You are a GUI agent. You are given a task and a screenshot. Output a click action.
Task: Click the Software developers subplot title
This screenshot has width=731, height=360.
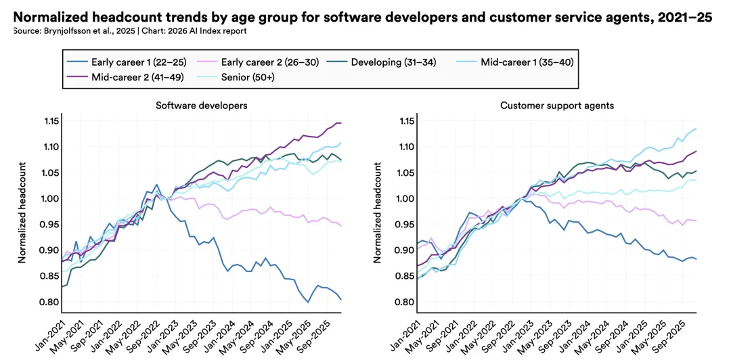(x=201, y=106)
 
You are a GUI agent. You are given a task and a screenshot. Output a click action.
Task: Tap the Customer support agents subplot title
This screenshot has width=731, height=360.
(x=558, y=106)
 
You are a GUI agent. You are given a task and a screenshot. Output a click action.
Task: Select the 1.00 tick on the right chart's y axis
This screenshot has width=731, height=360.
(x=404, y=198)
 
